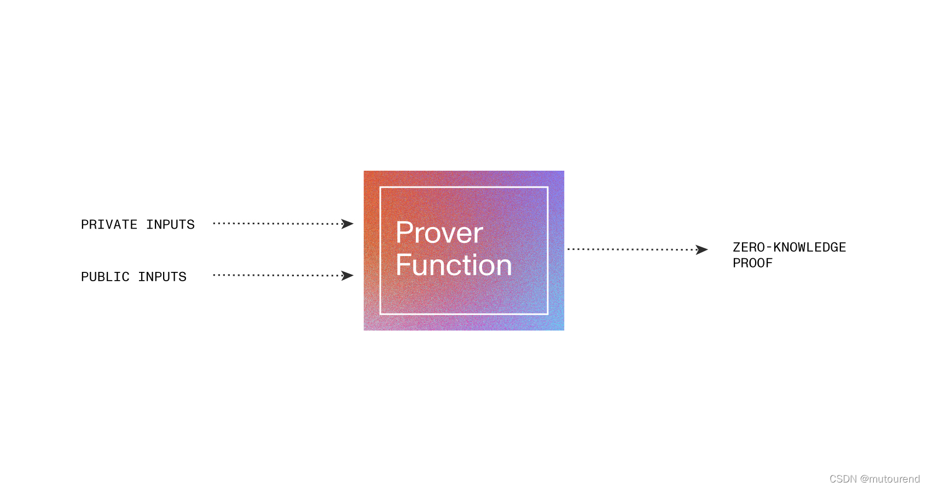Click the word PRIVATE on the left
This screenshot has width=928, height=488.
109,225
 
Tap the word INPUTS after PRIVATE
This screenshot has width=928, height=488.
170,225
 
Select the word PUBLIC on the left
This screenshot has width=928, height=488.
105,277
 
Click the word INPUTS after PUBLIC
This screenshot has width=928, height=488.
162,277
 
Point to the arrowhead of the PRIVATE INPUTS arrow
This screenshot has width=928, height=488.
347,224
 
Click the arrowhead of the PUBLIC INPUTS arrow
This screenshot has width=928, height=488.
347,276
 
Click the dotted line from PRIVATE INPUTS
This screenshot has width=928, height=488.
276,223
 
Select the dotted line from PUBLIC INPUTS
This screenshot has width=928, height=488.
276,275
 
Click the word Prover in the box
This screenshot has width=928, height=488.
439,233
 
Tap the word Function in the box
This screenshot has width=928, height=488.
454,265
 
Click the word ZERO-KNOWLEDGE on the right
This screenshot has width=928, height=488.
789,247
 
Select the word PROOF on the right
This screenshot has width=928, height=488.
752,263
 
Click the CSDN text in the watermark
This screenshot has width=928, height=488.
843,479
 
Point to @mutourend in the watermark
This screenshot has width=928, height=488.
890,479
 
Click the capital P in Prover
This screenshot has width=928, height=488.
404,233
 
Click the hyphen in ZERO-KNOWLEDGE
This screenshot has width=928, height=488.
769,248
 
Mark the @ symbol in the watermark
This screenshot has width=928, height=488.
865,479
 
